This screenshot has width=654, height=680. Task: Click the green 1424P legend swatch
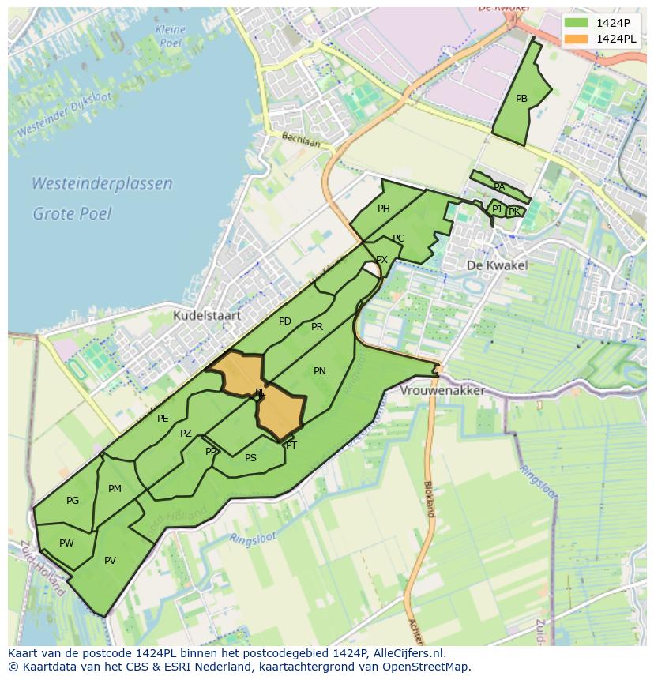click(577, 23)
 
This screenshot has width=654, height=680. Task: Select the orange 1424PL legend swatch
click(577, 39)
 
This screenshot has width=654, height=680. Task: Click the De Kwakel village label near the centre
click(497, 265)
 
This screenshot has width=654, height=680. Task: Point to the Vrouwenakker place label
click(442, 391)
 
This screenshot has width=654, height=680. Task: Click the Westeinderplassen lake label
click(102, 184)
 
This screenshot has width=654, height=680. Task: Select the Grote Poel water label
click(72, 213)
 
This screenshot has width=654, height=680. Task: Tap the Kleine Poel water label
click(171, 36)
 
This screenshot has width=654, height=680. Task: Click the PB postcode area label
click(521, 99)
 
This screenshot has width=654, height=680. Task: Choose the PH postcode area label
click(384, 209)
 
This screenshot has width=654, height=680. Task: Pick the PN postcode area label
click(320, 370)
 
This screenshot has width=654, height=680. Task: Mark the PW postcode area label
click(66, 543)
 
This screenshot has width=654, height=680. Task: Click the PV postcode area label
click(110, 561)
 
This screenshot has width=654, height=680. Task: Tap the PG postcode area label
click(73, 501)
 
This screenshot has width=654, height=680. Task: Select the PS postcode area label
click(250, 457)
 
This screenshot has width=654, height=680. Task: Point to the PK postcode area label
click(514, 212)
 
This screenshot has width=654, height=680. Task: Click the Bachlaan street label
click(301, 140)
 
